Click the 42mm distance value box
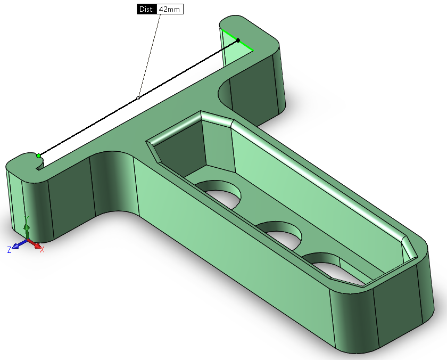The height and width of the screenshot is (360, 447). [170, 9]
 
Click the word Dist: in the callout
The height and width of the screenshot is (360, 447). [147, 9]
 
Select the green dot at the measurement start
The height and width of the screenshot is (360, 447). [38, 156]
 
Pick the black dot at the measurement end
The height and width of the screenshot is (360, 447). [238, 40]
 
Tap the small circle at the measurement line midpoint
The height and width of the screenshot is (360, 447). [138, 98]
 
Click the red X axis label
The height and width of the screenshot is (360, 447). [42, 250]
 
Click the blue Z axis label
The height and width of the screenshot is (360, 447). [10, 250]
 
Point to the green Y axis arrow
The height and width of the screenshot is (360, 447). [27, 228]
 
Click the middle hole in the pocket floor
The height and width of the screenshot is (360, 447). [281, 234]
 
